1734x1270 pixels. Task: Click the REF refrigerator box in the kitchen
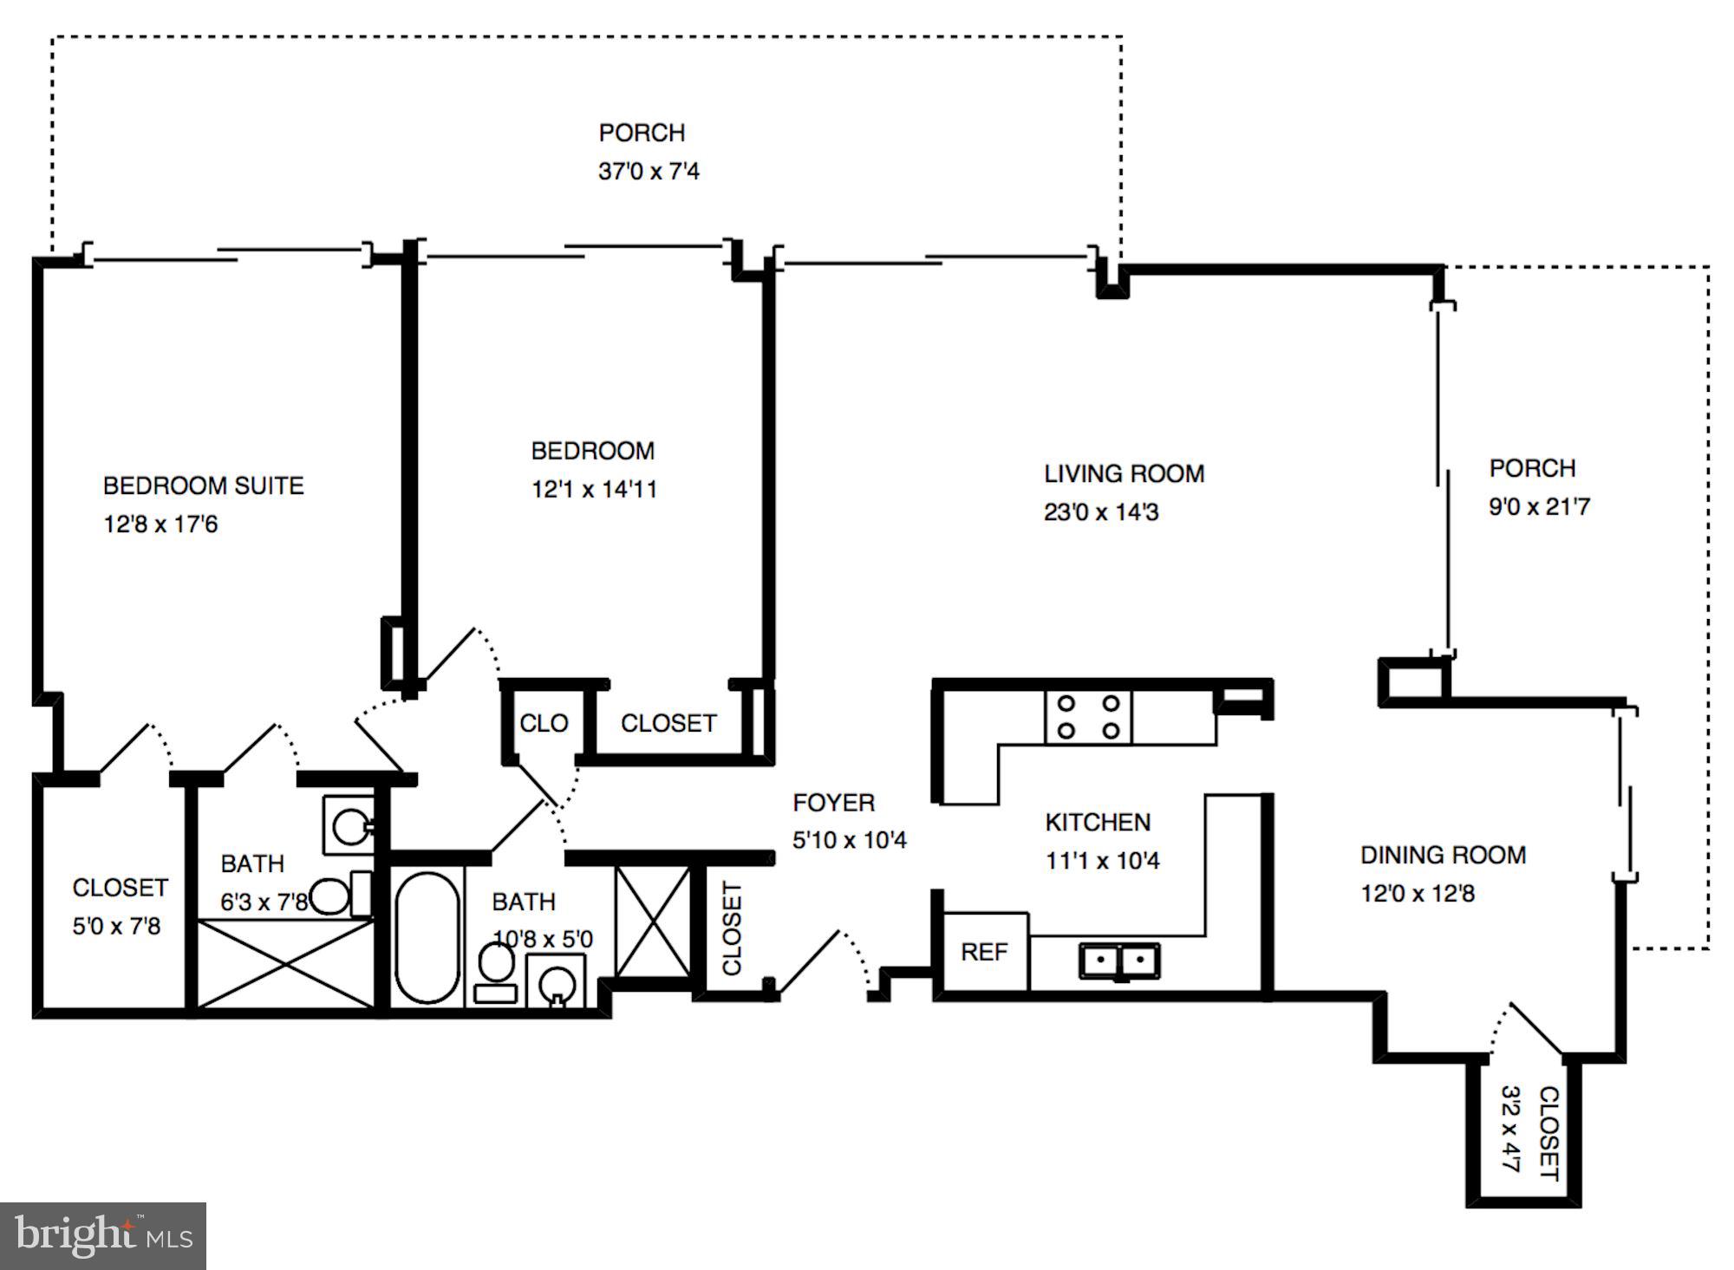[x=984, y=952]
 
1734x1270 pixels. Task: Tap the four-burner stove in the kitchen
[x=1088, y=717]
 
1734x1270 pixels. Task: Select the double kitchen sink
[x=1119, y=961]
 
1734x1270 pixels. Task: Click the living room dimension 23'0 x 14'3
[x=1101, y=512]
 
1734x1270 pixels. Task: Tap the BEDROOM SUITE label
[x=204, y=485]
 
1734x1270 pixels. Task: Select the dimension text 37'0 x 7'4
[x=649, y=171]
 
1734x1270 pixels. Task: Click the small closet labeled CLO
[x=544, y=723]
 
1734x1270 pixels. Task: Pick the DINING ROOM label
[x=1443, y=855]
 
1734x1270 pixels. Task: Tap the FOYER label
[x=833, y=803]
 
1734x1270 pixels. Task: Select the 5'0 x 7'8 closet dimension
[x=116, y=926]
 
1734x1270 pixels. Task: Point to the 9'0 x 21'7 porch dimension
[x=1539, y=506]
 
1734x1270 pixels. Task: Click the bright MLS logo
[x=102, y=1236]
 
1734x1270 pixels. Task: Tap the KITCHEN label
[x=1098, y=822]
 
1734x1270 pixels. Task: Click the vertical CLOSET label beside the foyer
[x=733, y=928]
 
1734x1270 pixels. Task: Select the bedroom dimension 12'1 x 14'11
[x=594, y=490]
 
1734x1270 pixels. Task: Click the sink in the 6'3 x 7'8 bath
[x=351, y=825]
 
